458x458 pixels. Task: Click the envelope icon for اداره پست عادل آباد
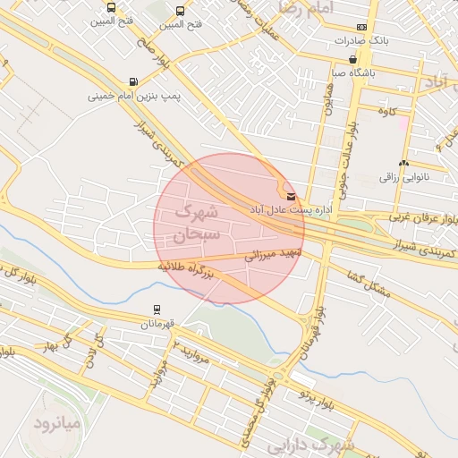(x=290, y=195)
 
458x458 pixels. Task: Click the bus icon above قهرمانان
(x=157, y=310)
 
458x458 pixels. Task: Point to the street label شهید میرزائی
(x=274, y=255)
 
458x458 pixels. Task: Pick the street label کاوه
(x=387, y=111)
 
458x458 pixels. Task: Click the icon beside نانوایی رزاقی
(x=404, y=163)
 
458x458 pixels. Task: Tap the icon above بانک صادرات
(x=360, y=27)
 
